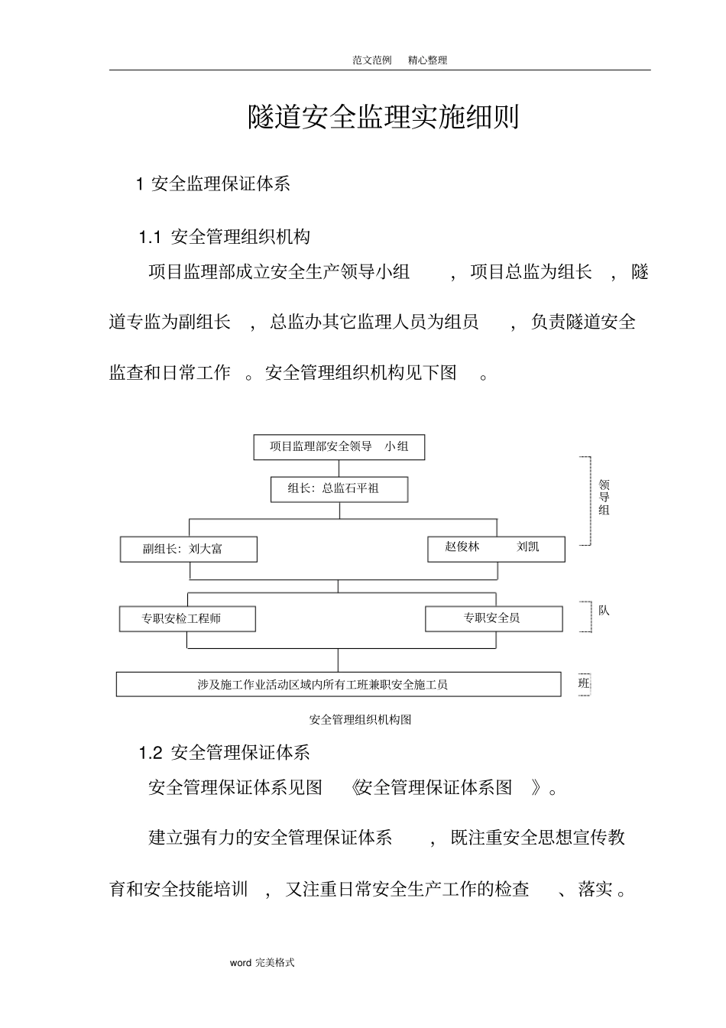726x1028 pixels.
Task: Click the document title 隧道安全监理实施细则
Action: coord(383,118)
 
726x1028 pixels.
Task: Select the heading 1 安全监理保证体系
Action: coord(213,184)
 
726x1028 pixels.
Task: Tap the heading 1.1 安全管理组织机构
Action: coord(225,237)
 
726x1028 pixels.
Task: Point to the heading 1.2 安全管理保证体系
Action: coord(225,753)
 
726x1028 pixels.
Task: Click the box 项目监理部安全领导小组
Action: coord(339,447)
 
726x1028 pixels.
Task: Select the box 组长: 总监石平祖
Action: coord(339,489)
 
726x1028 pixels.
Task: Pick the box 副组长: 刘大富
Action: coord(188,549)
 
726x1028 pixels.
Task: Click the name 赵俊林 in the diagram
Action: coord(462,547)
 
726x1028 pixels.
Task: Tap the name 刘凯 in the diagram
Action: coord(528,547)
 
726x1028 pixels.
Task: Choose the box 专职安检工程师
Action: coord(187,619)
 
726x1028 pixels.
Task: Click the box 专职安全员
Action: coord(493,618)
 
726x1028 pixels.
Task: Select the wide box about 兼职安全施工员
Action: coord(338,685)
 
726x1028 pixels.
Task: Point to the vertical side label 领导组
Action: coord(604,498)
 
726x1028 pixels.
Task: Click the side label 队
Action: coord(604,611)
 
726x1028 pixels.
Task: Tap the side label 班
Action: coord(585,683)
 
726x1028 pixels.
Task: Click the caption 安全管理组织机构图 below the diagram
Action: coord(360,720)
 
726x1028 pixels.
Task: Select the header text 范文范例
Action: coord(372,60)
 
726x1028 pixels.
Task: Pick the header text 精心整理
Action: coord(427,60)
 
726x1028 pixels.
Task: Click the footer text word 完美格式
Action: coord(262,963)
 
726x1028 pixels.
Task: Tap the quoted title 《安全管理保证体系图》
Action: coord(449,788)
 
